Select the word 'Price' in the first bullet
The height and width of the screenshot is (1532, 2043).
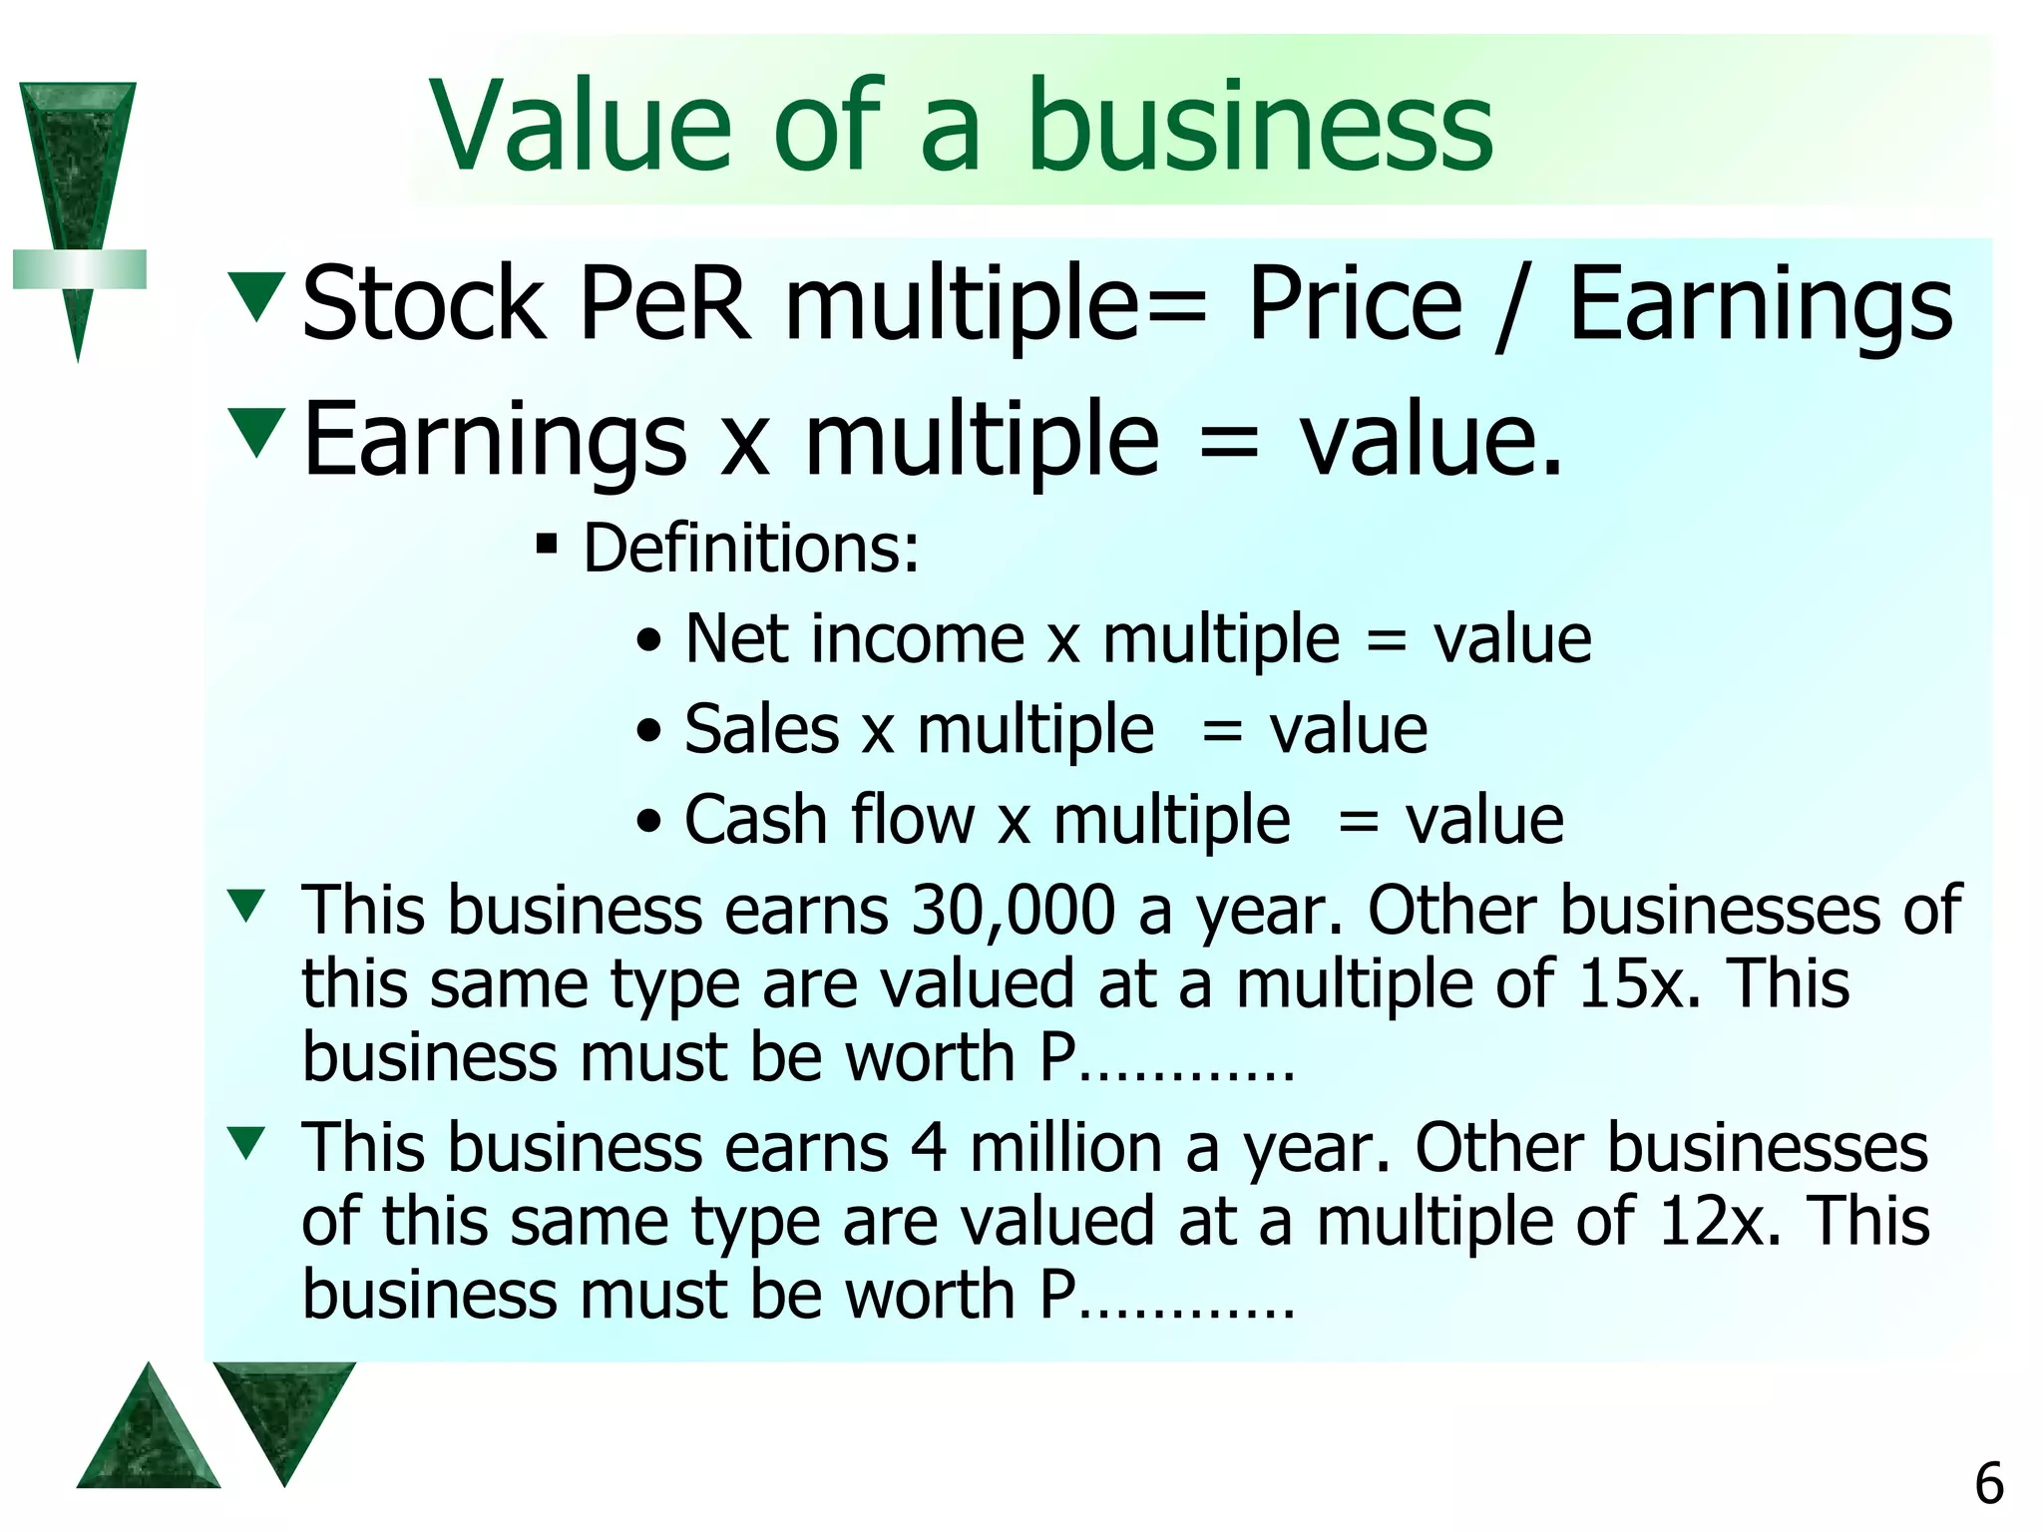(x=1356, y=304)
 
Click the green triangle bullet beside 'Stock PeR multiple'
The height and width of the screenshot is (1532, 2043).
(x=257, y=296)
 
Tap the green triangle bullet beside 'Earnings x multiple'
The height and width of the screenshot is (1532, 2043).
(x=257, y=432)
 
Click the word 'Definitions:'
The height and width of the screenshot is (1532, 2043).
(x=751, y=549)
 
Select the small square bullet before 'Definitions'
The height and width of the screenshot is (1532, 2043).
(x=546, y=545)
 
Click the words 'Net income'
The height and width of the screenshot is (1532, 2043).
(x=855, y=638)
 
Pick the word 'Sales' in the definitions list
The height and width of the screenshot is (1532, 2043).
(x=762, y=729)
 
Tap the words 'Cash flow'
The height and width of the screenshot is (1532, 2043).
(x=828, y=820)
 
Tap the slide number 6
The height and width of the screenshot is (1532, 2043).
(x=1989, y=1484)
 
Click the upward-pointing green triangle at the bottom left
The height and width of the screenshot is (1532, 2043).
(x=148, y=1433)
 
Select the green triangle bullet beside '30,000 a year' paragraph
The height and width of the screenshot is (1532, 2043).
(x=245, y=906)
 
